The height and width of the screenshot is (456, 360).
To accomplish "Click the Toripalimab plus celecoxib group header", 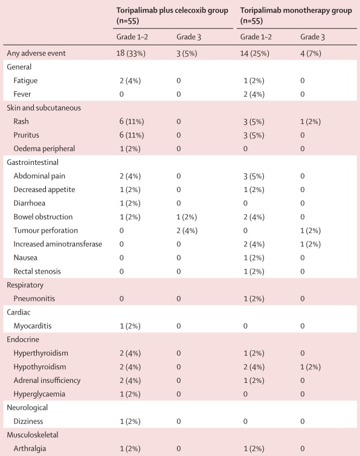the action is tap(172, 16).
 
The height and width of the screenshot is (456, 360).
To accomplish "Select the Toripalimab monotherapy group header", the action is tap(296, 16).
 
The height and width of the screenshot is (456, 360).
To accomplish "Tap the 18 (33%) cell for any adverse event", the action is tap(131, 53).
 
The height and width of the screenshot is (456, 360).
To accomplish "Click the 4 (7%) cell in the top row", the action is tap(310, 53).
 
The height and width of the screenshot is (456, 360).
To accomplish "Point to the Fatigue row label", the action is tap(25, 80).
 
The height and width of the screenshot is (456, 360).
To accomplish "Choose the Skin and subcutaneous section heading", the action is tap(44, 108).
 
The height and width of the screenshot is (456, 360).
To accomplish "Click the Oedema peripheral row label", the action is tap(44, 149).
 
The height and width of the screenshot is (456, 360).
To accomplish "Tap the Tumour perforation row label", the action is tap(46, 230).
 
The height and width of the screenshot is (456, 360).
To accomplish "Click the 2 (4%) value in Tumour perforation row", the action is tap(187, 231).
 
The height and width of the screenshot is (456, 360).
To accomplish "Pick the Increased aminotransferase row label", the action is tap(58, 244).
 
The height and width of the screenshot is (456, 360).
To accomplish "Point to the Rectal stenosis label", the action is tap(37, 271).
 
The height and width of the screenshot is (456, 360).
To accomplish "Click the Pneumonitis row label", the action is tap(34, 298).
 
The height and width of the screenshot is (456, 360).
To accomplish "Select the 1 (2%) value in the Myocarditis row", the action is tap(130, 326).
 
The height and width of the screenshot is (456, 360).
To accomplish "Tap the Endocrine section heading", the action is tap(23, 339).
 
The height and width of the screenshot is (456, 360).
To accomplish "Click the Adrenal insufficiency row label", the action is tap(47, 381).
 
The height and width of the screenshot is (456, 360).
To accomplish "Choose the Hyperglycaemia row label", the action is tap(39, 394).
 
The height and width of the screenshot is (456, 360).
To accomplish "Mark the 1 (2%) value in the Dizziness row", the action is tap(130, 422).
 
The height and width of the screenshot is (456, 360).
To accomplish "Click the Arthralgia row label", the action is tap(30, 448).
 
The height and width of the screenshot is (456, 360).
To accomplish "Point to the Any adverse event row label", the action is tap(36, 53).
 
